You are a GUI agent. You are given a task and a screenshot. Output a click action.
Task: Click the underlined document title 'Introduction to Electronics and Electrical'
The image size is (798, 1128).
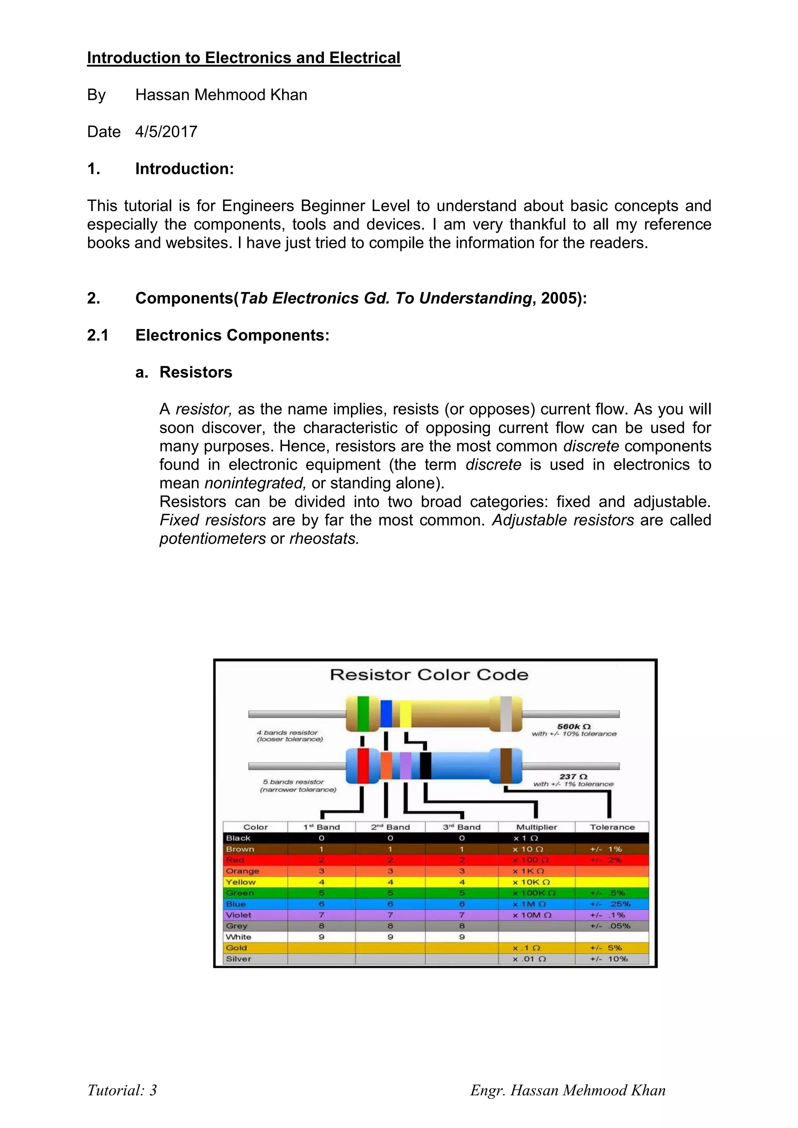tap(244, 58)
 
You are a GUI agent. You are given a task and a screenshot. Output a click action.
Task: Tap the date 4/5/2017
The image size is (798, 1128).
tap(166, 132)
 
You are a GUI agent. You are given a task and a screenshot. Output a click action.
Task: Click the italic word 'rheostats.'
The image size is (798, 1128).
tap(324, 538)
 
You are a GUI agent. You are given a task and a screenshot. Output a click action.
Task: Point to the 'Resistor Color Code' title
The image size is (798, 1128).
tap(429, 674)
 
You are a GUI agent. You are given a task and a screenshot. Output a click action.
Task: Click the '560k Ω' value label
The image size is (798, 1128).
tap(574, 726)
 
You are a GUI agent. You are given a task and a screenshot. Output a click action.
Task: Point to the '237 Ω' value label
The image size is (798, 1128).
tap(574, 776)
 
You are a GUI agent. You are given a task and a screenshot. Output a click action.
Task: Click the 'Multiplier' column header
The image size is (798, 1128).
tap(537, 827)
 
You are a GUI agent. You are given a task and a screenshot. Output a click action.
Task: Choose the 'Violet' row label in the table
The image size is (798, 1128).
tap(239, 915)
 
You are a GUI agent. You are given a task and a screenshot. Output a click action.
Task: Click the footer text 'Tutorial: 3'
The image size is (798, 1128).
tap(122, 1090)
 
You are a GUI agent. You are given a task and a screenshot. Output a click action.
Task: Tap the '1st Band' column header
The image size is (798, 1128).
tap(321, 827)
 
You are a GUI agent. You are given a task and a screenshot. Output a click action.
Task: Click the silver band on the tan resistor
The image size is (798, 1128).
tap(506, 714)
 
